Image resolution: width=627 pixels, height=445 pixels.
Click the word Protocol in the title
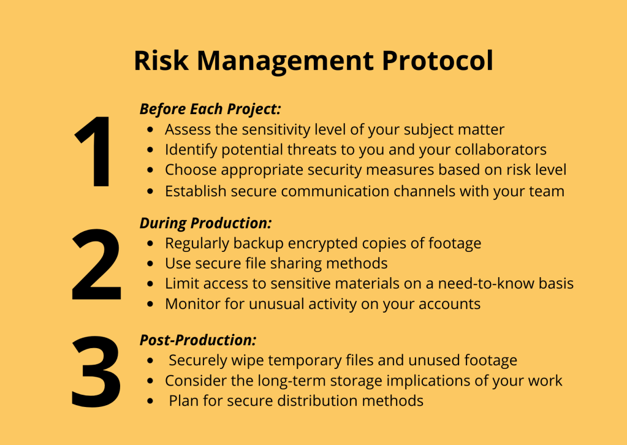pyautogui.click(x=438, y=61)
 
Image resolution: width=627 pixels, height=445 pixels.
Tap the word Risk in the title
pyautogui.click(x=161, y=61)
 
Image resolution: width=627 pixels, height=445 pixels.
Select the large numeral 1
pyautogui.click(x=94, y=151)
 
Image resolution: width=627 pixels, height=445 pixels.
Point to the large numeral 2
pyautogui.click(x=96, y=264)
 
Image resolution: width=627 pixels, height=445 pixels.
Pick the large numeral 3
pyautogui.click(x=96, y=371)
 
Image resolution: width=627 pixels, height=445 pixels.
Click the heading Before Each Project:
pyautogui.click(x=210, y=109)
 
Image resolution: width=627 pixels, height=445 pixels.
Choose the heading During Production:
pyautogui.click(x=205, y=223)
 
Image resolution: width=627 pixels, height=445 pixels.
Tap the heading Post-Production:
pyautogui.click(x=198, y=340)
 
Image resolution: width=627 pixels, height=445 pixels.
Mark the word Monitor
pyautogui.click(x=192, y=304)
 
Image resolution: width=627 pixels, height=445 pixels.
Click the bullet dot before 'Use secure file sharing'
pyautogui.click(x=150, y=264)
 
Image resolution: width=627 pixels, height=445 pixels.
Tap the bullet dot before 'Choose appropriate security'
pyautogui.click(x=150, y=170)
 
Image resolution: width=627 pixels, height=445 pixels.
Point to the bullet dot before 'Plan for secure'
pyautogui.click(x=150, y=401)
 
